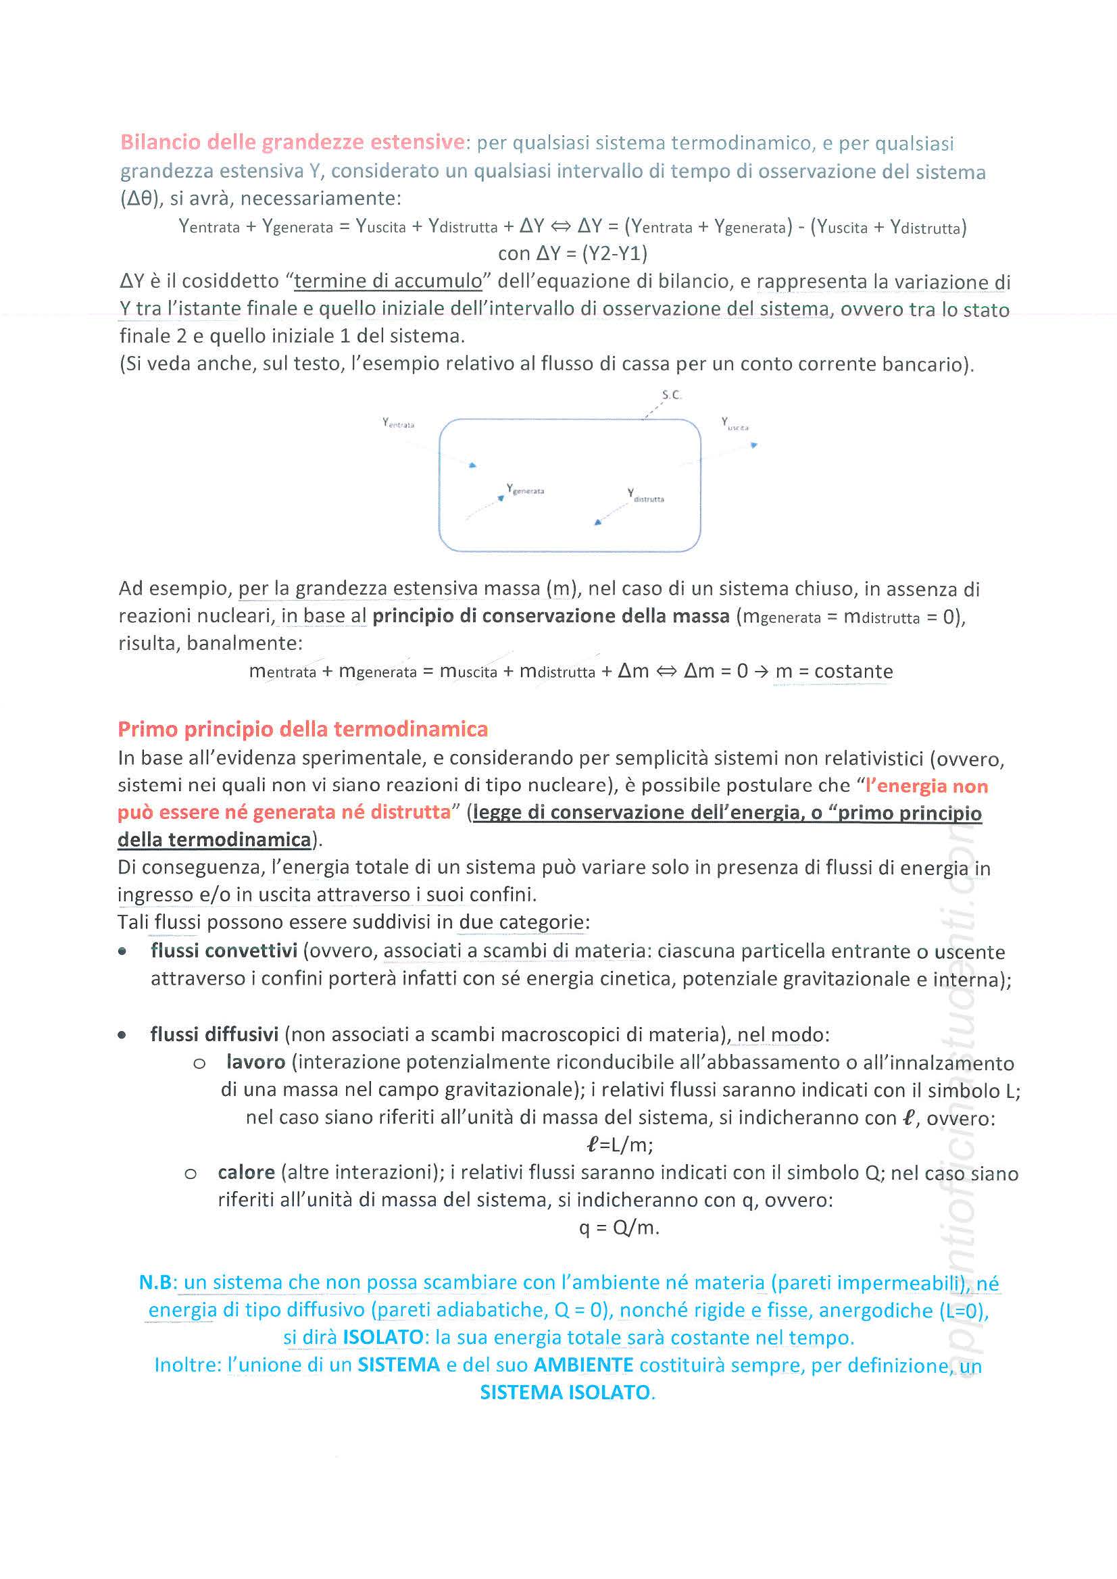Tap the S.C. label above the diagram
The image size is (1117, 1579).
click(x=671, y=395)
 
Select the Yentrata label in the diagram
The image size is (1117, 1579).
click(x=398, y=423)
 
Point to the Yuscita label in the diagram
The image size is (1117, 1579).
click(x=735, y=424)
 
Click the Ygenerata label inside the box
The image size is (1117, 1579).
click(x=526, y=489)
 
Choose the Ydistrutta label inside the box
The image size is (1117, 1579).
click(x=645, y=495)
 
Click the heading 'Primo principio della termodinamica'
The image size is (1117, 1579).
click(x=303, y=729)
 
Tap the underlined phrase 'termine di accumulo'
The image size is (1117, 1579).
click(x=388, y=280)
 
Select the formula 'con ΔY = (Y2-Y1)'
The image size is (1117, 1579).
click(x=572, y=254)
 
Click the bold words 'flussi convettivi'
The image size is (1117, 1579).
click(x=224, y=951)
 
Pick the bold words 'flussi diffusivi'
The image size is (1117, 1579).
click(x=214, y=1034)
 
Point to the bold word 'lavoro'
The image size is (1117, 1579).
click(x=255, y=1062)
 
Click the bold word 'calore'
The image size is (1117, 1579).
click(x=246, y=1172)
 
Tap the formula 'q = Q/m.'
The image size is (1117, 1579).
click(x=619, y=1228)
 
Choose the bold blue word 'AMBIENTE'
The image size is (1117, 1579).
click(x=583, y=1364)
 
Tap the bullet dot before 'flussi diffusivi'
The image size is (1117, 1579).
click(x=122, y=1034)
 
